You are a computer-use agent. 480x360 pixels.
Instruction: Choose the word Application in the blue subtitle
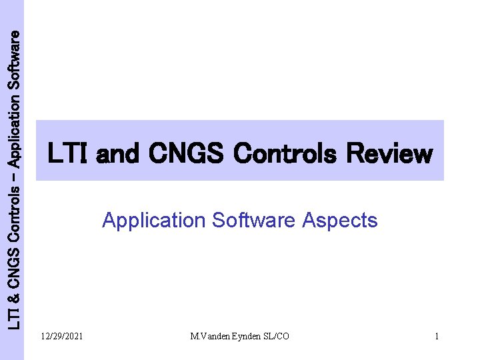pos(154,221)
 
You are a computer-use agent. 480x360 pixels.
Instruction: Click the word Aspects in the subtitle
pos(340,221)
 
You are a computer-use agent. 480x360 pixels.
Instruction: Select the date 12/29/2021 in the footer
pos(62,337)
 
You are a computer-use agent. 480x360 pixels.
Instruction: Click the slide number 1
pos(437,337)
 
